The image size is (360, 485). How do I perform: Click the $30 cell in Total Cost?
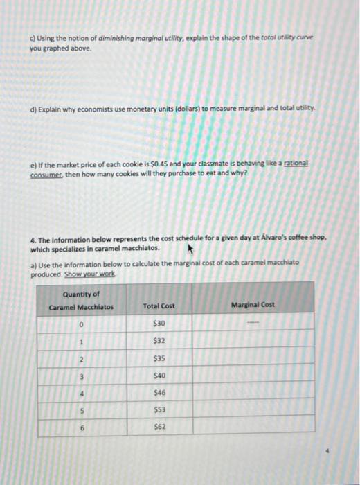point(159,324)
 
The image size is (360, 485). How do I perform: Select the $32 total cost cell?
point(159,341)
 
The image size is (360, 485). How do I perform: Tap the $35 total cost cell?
point(159,358)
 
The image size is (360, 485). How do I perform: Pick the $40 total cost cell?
point(159,376)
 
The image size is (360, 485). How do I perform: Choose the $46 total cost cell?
point(159,393)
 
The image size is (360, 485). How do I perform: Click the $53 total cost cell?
point(159,409)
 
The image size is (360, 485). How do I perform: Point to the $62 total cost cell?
point(159,427)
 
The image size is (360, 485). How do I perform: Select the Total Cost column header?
point(159,306)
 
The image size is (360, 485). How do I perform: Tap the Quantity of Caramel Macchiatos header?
point(80,300)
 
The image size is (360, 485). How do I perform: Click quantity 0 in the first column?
point(81,324)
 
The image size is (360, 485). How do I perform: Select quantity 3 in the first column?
point(81,376)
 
